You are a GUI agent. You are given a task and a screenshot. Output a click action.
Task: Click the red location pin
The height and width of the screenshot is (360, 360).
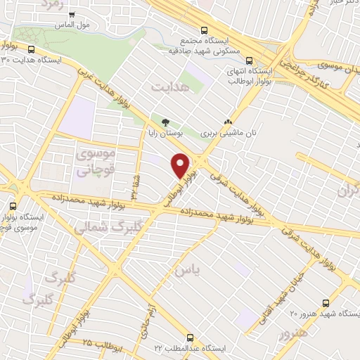[181, 165]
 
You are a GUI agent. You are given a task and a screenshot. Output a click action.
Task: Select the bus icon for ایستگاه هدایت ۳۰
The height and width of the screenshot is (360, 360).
[32, 49]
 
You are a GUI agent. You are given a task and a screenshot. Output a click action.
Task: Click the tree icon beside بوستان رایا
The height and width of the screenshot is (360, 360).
[166, 120]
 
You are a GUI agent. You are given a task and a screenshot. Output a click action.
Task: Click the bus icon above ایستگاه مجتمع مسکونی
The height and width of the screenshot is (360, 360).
[204, 31]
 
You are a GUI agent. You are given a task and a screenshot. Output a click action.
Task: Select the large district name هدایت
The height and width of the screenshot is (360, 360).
[170, 86]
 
